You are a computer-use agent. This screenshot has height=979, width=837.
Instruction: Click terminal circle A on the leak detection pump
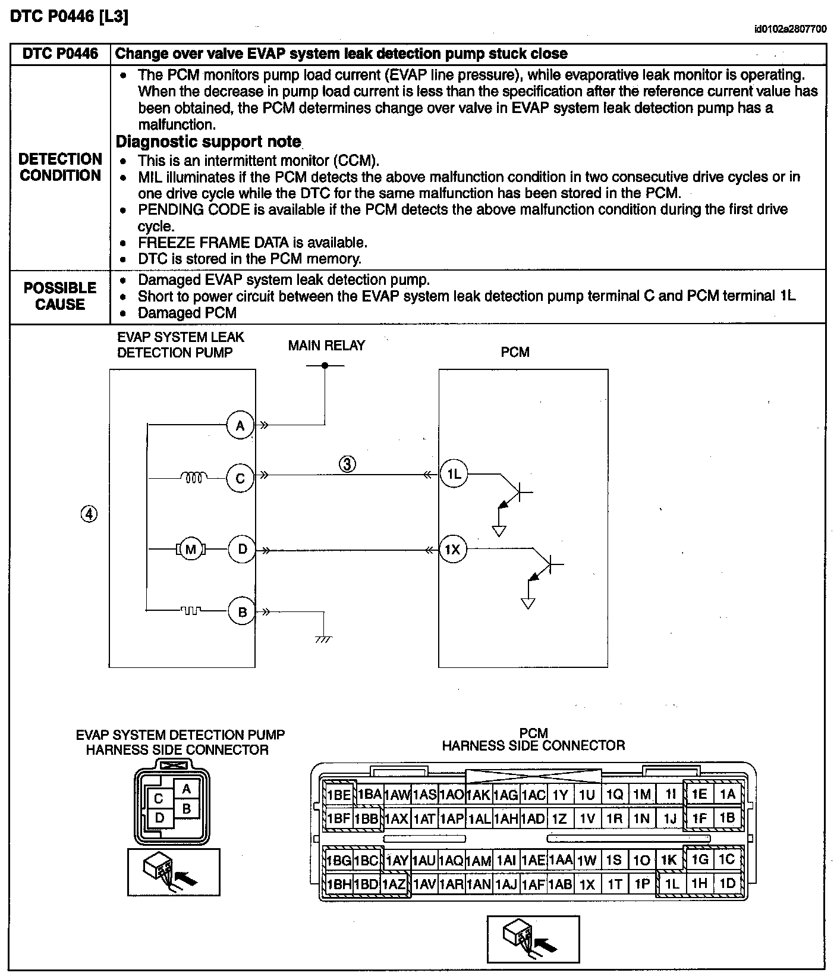tap(240, 426)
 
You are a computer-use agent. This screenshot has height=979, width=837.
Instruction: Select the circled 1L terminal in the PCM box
tap(454, 474)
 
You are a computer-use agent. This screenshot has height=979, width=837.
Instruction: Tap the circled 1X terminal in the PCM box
tap(453, 550)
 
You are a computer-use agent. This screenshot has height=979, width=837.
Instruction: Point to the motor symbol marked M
tap(190, 550)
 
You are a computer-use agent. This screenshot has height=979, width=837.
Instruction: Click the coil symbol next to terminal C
tap(193, 476)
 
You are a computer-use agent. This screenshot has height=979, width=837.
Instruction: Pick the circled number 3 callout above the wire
tap(348, 464)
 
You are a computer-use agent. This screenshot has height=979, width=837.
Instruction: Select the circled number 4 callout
tap(89, 514)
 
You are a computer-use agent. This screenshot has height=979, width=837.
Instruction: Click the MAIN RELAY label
tap(326, 346)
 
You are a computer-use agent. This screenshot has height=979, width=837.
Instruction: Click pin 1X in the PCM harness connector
tap(587, 884)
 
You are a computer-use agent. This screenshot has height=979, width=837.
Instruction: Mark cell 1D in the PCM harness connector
tap(727, 883)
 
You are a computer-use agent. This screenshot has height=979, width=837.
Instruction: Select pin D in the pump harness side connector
tap(159, 818)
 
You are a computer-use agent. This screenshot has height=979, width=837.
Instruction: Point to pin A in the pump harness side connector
tap(187, 790)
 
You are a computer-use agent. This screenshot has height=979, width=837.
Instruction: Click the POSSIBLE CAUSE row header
tap(60, 296)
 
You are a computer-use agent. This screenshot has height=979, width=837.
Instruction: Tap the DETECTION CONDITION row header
tap(60, 167)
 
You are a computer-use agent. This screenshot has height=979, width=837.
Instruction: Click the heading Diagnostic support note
tap(208, 142)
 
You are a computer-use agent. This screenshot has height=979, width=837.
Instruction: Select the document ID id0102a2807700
tap(790, 29)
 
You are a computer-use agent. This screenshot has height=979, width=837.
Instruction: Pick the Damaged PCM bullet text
tap(187, 313)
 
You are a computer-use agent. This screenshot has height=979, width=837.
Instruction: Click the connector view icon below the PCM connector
tap(533, 939)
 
